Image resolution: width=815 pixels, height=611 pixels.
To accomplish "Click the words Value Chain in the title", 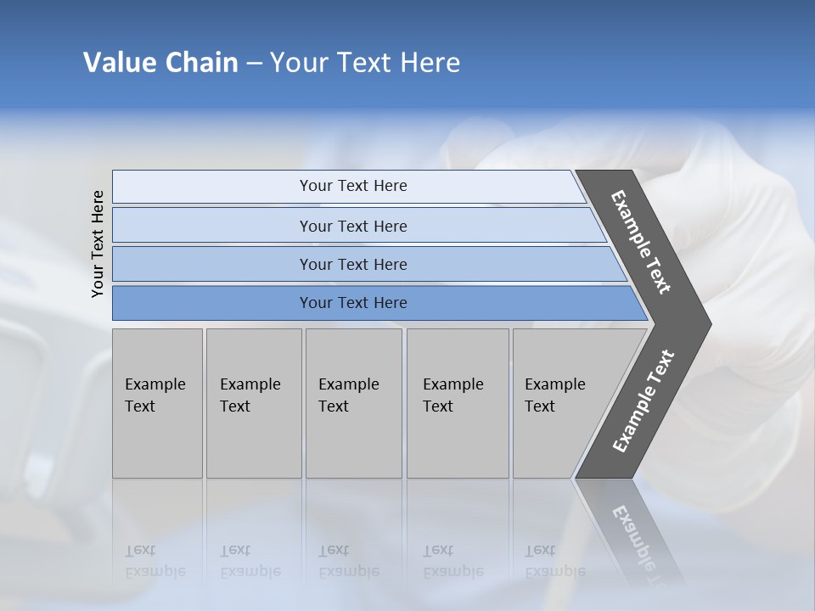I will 160,63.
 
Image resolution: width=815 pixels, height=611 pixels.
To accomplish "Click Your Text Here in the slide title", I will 365,63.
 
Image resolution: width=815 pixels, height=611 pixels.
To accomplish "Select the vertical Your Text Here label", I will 98,244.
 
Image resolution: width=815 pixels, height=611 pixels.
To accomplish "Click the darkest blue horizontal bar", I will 212,303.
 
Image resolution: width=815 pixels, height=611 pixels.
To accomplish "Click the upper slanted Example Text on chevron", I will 641,243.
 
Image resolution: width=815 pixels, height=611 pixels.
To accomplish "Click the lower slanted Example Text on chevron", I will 644,401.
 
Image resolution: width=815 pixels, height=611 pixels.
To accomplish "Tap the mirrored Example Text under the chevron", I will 637,543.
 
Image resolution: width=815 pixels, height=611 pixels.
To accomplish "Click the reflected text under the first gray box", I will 155,561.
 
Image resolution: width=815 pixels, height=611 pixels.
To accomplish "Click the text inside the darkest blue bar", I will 353,303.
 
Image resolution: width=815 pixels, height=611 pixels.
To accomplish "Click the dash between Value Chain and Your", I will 254,64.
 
